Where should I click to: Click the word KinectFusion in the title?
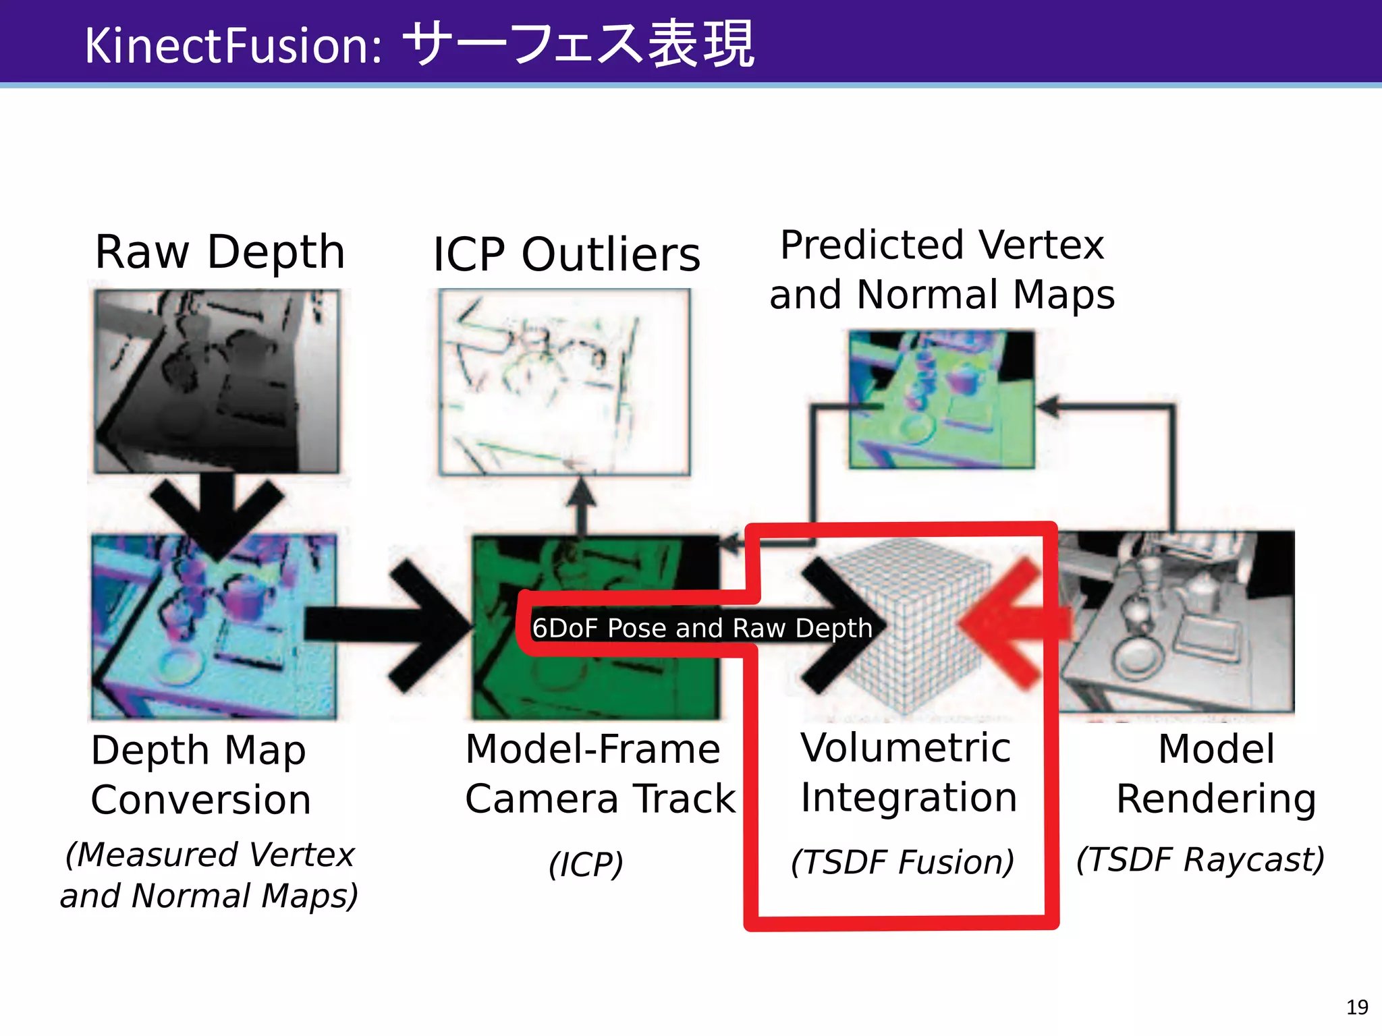pos(233,46)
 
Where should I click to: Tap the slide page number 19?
pos(1356,1007)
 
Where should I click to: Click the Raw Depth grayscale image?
pos(217,381)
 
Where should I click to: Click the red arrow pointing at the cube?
pos(1012,624)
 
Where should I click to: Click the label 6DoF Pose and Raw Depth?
pos(702,628)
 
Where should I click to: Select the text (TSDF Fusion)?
pos(902,862)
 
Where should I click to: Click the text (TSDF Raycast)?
pos(1200,859)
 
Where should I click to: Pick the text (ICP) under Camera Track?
pos(586,865)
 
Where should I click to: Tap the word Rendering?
pos(1216,799)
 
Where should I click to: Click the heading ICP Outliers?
pos(566,255)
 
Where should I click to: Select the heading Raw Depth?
pos(220,252)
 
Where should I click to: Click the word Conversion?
pos(201,800)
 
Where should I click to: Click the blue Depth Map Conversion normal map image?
pos(215,627)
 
